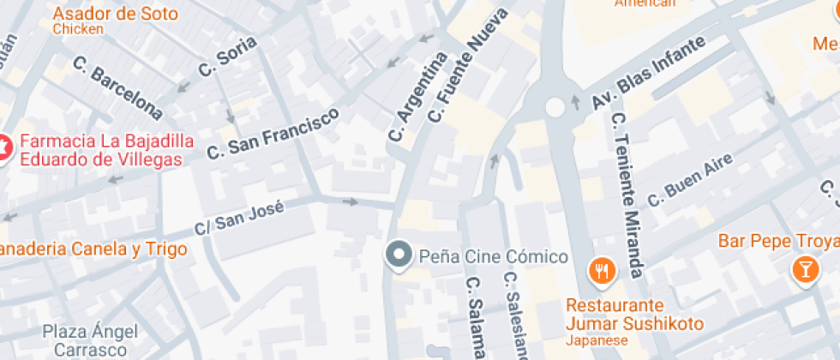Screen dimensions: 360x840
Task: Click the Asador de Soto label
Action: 115,15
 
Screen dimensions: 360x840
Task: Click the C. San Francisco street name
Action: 273,133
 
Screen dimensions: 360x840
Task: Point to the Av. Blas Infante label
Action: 649,73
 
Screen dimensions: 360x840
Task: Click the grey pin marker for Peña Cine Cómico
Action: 398,255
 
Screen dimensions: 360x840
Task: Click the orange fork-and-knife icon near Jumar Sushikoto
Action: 603,271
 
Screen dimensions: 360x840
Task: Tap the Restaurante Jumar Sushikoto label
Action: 634,315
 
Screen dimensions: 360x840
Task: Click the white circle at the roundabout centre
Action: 555,106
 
